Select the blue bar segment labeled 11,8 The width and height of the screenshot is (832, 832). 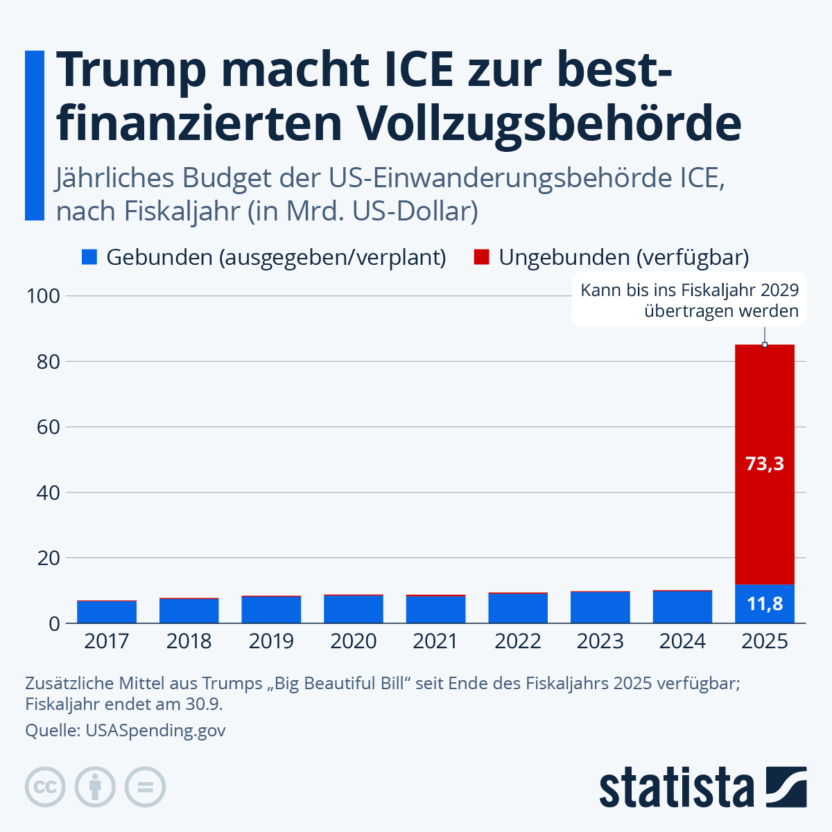click(764, 604)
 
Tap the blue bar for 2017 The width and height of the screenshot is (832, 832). click(107, 612)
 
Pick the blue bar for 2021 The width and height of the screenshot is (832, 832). click(435, 609)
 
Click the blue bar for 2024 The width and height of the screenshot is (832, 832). click(682, 607)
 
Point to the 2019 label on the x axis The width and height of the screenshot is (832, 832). click(271, 641)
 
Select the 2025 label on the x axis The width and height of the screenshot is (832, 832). click(764, 641)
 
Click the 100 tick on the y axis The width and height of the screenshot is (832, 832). click(43, 297)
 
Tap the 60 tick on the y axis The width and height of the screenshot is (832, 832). click(49, 427)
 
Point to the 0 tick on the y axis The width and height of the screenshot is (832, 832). click(54, 623)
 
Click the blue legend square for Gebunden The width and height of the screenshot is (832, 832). click(89, 257)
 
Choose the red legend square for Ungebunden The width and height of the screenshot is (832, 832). click(482, 257)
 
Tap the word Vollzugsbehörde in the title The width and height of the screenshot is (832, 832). click(549, 123)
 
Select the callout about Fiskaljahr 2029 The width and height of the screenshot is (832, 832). click(689, 300)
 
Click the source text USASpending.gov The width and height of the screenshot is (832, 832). click(155, 730)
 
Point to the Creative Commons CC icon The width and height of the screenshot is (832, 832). click(45, 787)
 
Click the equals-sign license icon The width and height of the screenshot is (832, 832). click(145, 787)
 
